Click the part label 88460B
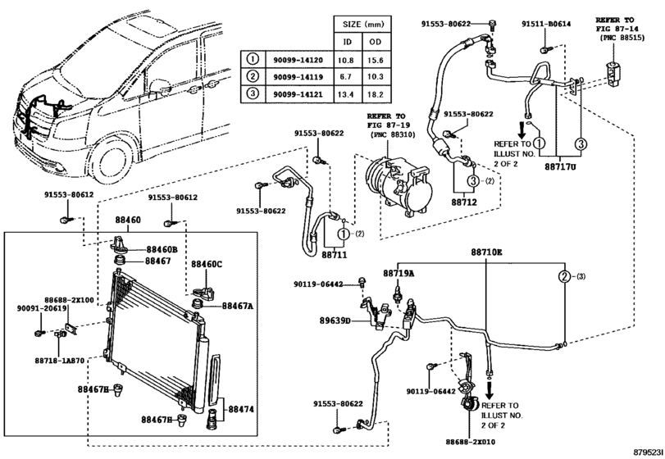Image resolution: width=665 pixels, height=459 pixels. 162,248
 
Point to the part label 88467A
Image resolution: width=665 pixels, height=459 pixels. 238,305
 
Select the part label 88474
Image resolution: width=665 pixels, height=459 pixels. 241,408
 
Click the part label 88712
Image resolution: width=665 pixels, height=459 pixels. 465,200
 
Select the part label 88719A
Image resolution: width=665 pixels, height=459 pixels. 399,273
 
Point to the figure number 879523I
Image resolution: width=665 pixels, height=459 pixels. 646,452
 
